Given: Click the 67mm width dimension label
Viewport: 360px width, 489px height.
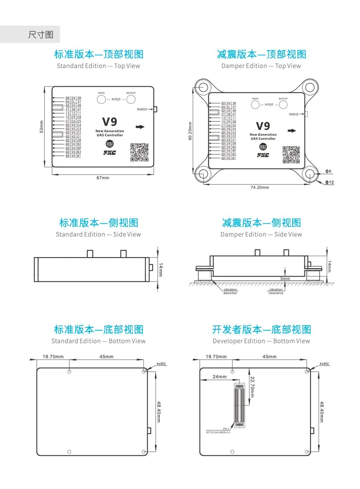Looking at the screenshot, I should click(x=103, y=178).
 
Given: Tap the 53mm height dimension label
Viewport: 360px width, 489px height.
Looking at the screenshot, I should click(x=42, y=127).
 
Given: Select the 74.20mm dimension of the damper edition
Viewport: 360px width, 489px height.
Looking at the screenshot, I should click(x=260, y=187).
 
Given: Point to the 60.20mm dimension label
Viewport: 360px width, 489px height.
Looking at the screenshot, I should click(x=190, y=131).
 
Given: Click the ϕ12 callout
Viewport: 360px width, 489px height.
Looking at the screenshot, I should click(x=329, y=182).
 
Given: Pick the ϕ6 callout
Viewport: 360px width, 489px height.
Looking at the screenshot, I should click(x=328, y=171).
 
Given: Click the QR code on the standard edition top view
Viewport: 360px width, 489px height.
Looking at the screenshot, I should click(x=139, y=152).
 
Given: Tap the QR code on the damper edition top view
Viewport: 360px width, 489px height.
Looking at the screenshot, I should click(x=291, y=155).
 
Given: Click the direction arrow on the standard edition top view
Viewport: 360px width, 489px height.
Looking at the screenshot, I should click(x=140, y=127).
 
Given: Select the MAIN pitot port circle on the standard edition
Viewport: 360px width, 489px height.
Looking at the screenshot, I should click(x=101, y=99).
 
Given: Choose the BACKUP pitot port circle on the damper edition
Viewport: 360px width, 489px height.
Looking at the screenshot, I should click(x=283, y=105).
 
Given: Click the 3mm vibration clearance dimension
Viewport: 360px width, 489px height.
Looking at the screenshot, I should click(x=285, y=279).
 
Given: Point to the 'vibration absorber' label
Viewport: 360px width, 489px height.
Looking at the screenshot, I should click(x=230, y=291).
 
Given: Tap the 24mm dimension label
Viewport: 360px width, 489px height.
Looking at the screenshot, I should click(x=220, y=377).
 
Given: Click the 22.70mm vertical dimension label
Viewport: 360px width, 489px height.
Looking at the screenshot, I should click(x=252, y=387).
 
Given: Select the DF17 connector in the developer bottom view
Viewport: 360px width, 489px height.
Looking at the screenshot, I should click(x=239, y=405).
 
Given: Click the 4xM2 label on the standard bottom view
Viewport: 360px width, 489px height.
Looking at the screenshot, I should click(x=161, y=364).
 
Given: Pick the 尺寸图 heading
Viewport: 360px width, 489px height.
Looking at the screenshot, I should click(x=41, y=35).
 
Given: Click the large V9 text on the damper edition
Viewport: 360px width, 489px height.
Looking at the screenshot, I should click(x=263, y=126).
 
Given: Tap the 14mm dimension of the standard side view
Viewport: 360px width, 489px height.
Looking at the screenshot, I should click(x=161, y=270).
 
